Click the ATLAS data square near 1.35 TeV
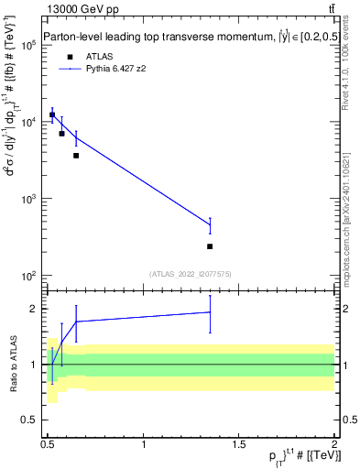(x=210, y=246)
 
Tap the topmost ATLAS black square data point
(x=52, y=115)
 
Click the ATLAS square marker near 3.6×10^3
(x=76, y=156)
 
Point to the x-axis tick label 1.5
(x=240, y=444)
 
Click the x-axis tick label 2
(x=334, y=444)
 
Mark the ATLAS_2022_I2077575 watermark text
(x=190, y=273)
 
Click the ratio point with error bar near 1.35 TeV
(x=210, y=312)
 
